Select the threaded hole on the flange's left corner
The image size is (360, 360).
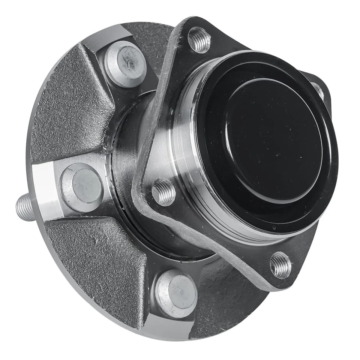click(x=163, y=192)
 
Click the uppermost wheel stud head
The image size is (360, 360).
click(x=125, y=64)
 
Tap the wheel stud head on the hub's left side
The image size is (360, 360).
click(x=82, y=187)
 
